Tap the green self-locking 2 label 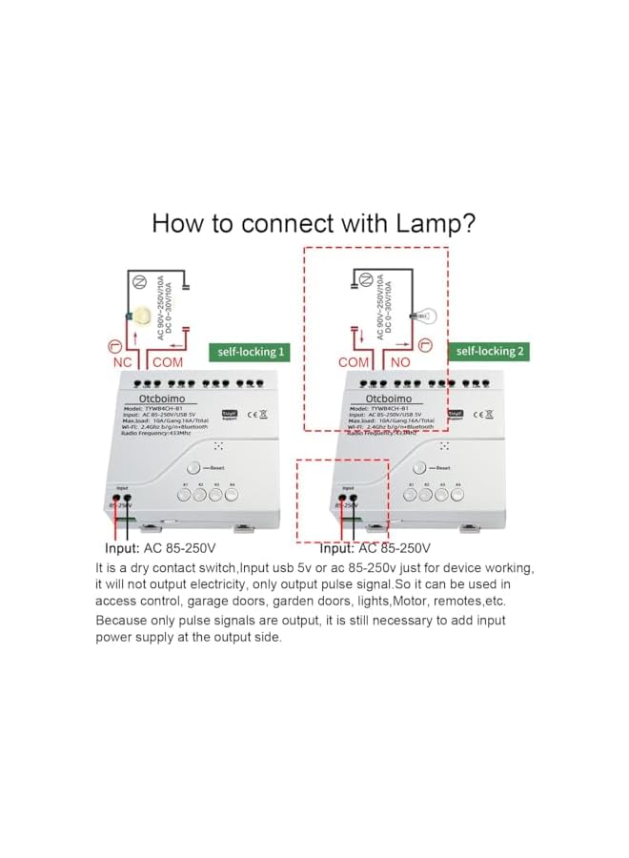click(x=489, y=351)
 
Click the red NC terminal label click(x=123, y=362)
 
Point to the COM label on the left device click(x=168, y=362)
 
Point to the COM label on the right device click(x=354, y=362)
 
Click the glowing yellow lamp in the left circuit click(x=143, y=316)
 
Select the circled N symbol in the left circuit click(x=138, y=279)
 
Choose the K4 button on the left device click(x=232, y=495)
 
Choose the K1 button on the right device click(x=412, y=495)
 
